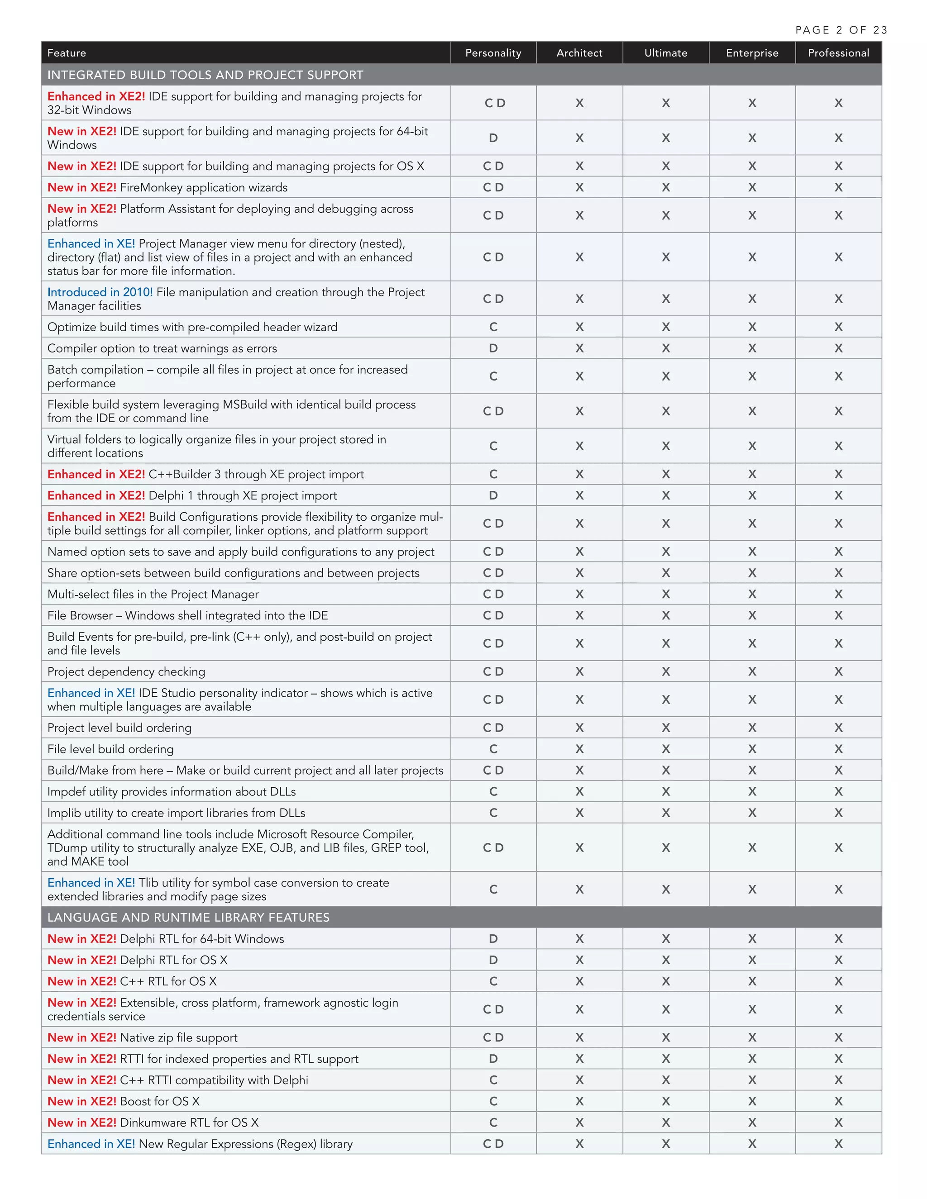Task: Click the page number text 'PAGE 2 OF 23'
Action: tap(841, 30)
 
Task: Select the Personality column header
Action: tap(492, 52)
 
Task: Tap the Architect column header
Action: tap(579, 52)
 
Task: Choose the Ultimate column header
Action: tap(665, 52)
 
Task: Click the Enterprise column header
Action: tap(752, 52)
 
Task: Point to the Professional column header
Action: tap(838, 52)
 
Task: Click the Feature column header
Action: tap(67, 52)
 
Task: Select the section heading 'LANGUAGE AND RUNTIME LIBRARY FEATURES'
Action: tap(188, 918)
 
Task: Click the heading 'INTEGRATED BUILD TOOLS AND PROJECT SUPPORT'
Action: tap(205, 75)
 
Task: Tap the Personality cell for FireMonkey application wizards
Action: tap(492, 187)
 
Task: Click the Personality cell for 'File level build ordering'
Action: tap(492, 749)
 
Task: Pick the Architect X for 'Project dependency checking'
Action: tap(579, 671)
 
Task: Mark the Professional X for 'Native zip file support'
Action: tap(838, 1037)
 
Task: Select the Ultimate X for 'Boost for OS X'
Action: tap(665, 1101)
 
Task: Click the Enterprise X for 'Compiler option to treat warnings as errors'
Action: tap(752, 348)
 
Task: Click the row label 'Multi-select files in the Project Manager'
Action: tap(153, 594)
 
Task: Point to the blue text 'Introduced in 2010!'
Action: tap(100, 292)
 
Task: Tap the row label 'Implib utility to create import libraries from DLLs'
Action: tap(176, 813)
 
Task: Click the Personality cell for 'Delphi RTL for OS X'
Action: tap(492, 960)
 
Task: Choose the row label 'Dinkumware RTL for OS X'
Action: tap(189, 1122)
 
